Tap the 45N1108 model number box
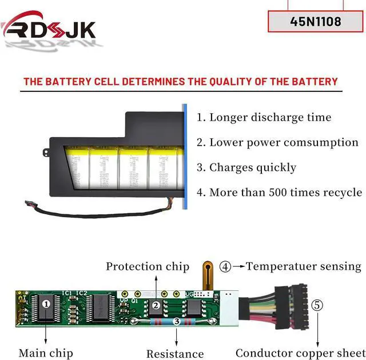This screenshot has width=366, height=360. pos(316,22)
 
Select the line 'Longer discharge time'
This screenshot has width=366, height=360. pos(264,118)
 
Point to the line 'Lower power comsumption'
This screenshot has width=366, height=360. pos(277,142)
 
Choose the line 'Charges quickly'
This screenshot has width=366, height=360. pos(246,167)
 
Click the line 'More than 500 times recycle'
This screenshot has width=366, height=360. pos(279,192)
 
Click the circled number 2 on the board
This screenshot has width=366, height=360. pos(156,305)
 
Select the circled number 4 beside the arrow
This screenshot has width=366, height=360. pos(226,266)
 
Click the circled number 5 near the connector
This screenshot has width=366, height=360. pos(317,305)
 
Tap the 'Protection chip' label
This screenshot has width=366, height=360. pos(148,266)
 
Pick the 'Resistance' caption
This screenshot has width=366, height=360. pos(175,354)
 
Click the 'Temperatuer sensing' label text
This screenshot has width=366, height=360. pos(304,266)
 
